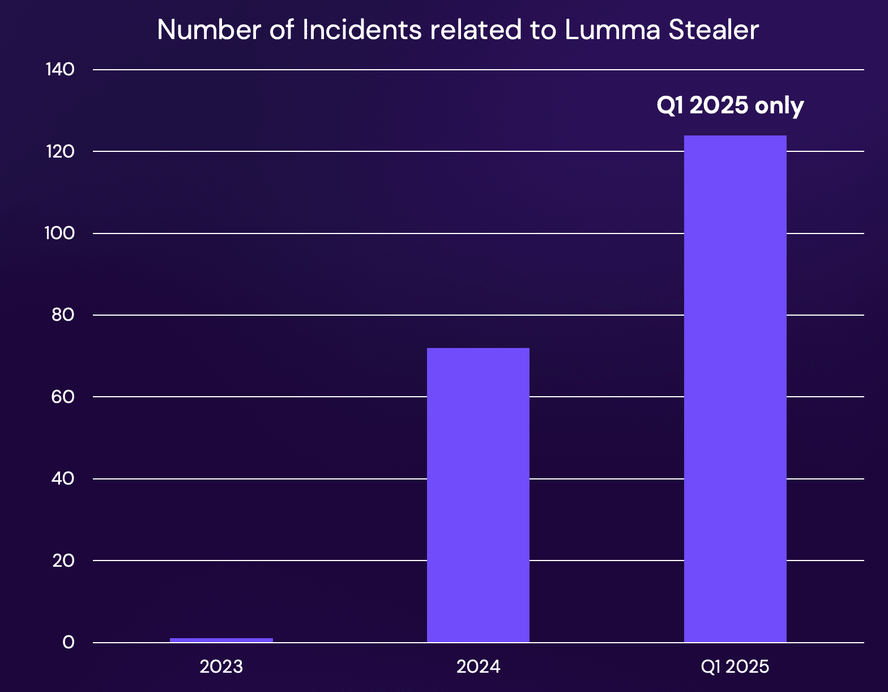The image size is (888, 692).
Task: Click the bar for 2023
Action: (221, 640)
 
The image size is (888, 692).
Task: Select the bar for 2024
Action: (478, 495)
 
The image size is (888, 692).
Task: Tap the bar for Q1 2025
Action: (735, 389)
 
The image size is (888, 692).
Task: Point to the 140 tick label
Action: (60, 70)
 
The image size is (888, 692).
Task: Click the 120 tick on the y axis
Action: (60, 152)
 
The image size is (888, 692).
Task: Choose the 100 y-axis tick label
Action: (59, 234)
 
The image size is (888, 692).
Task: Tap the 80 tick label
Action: (62, 315)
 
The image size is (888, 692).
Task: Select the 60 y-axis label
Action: (62, 397)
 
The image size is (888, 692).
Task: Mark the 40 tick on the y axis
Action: (62, 478)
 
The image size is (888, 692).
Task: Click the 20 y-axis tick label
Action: (63, 561)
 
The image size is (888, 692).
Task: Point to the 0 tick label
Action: (69, 643)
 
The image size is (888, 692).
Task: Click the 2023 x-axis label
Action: (221, 667)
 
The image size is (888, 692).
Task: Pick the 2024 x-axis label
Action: (478, 667)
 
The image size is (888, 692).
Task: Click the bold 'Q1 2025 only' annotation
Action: (730, 106)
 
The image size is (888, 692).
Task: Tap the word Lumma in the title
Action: (612, 30)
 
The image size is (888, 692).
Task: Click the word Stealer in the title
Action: (714, 30)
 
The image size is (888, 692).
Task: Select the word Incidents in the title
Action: (362, 30)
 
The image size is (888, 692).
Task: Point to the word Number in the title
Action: (209, 30)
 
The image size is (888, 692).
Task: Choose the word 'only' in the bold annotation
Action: (779, 107)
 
